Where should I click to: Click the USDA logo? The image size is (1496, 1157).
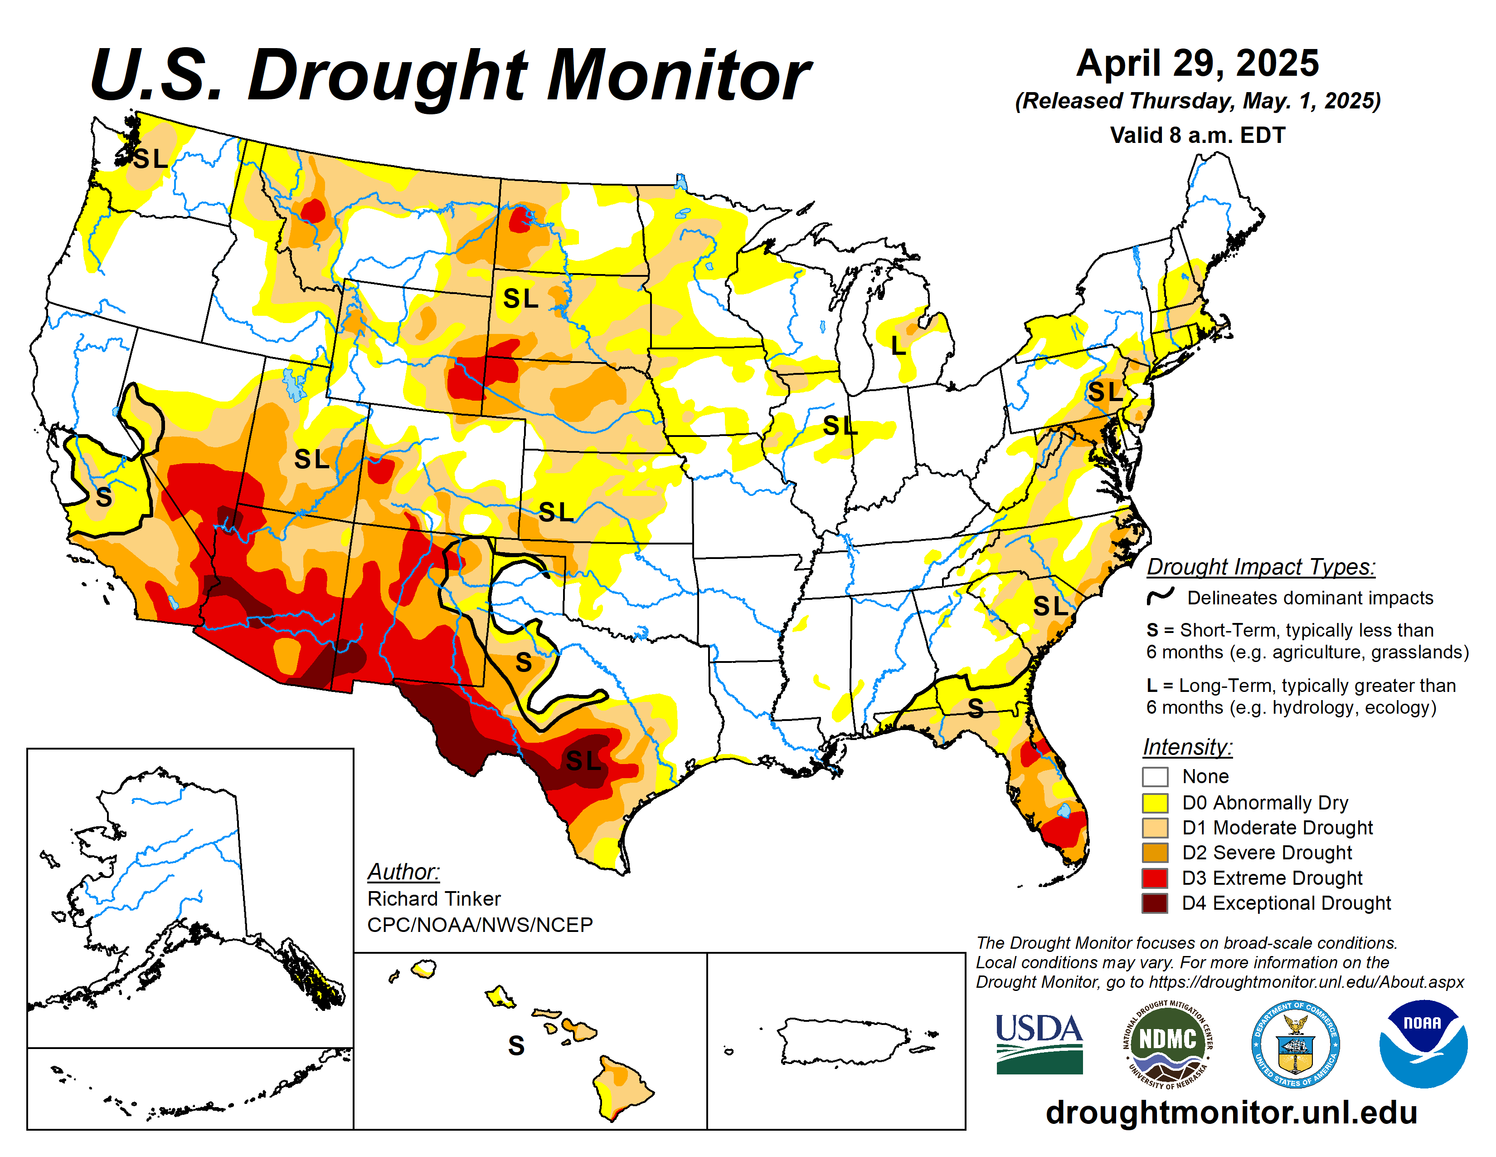click(x=1039, y=1043)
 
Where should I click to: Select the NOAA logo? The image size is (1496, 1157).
click(x=1423, y=1043)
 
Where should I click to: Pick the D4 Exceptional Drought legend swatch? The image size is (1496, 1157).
click(x=1155, y=903)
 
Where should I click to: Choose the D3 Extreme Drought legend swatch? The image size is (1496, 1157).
click(x=1155, y=878)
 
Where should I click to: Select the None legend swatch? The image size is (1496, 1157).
click(x=1155, y=777)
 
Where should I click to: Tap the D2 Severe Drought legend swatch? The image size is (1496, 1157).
click(x=1155, y=853)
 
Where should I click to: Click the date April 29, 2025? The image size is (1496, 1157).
click(x=1197, y=64)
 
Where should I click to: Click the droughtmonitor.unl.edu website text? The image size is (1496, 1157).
click(x=1231, y=1112)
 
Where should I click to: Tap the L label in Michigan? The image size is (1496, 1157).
click(x=898, y=345)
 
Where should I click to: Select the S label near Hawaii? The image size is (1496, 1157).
click(x=516, y=1046)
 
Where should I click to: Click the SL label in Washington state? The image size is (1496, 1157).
click(x=150, y=159)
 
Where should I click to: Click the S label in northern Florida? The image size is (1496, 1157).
click(x=976, y=708)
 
